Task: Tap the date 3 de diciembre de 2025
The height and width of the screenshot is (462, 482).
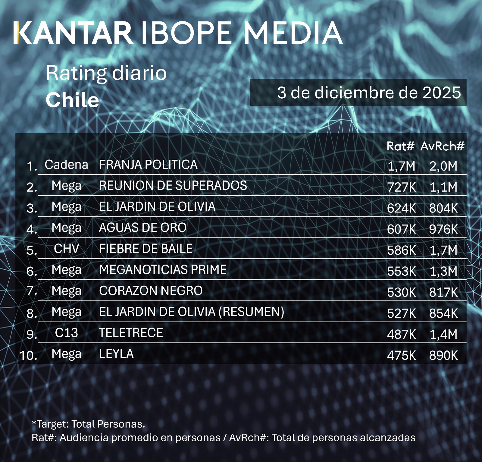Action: [x=369, y=93]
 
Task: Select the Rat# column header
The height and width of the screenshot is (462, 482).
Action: [x=400, y=146]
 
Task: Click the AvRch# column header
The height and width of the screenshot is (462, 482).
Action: [x=442, y=146]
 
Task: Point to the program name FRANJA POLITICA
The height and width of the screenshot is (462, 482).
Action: [x=148, y=165]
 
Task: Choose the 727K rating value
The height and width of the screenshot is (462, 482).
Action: [x=401, y=187]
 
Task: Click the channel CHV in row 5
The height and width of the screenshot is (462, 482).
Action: [x=66, y=249]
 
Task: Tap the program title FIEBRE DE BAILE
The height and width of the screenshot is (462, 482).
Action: [x=146, y=249]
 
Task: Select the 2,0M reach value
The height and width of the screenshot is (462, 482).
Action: [x=443, y=166]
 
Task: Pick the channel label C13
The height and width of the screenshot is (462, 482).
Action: [x=66, y=333]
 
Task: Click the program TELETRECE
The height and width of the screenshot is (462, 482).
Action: [x=131, y=333]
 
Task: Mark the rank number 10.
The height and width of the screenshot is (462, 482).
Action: [x=28, y=355]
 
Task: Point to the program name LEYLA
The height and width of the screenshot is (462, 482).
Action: [x=116, y=354]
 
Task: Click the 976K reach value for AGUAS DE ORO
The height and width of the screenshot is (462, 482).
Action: [x=443, y=229]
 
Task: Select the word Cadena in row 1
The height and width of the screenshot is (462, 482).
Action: [x=66, y=165]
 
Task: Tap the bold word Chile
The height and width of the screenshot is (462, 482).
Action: [x=72, y=100]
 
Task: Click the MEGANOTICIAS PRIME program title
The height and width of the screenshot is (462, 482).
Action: [x=163, y=270]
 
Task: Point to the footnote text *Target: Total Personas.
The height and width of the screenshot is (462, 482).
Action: [x=88, y=424]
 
